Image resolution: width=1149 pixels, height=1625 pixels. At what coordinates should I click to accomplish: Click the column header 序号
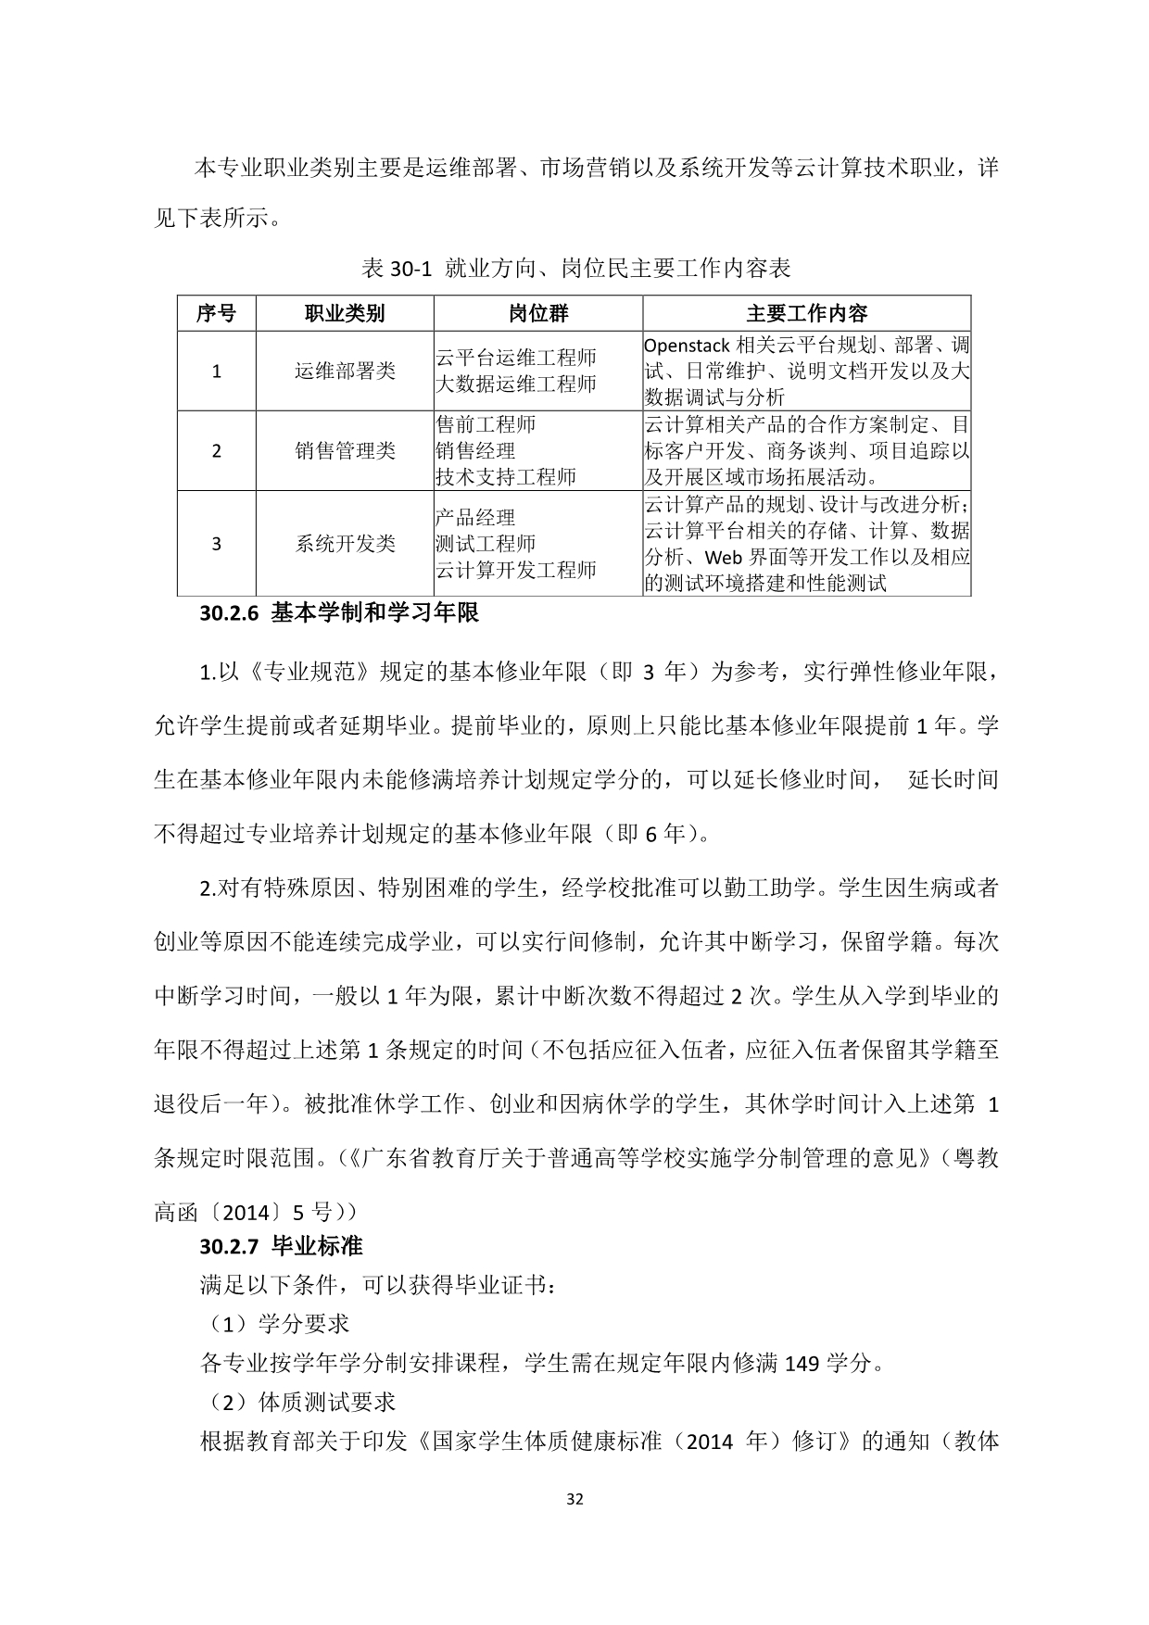[x=216, y=313]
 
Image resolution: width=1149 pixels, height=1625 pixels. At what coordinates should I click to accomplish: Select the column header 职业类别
[x=345, y=313]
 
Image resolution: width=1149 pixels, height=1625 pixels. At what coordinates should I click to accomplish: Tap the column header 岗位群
[x=538, y=313]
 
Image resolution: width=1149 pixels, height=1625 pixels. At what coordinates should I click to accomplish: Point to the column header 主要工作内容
[x=806, y=313]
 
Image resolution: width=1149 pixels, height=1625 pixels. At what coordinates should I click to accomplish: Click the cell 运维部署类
[x=345, y=372]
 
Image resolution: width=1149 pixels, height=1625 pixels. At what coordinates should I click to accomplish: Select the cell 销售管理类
[x=345, y=451]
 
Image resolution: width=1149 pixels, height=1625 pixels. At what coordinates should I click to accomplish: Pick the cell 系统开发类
[x=345, y=544]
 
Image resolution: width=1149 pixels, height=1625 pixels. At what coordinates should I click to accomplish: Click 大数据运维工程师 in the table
[x=516, y=384]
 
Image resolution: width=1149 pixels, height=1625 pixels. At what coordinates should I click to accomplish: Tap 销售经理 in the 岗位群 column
[x=475, y=451]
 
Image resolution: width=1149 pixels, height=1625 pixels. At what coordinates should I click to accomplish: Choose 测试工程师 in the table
[x=486, y=544]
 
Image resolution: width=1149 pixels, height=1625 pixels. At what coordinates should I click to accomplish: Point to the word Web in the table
[x=725, y=558]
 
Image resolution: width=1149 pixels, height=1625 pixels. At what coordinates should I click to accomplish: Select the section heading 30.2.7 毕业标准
[x=281, y=1246]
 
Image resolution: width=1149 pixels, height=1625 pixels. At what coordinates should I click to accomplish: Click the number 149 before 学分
[x=802, y=1364]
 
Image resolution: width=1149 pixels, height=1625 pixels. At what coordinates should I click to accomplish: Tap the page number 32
[x=574, y=1500]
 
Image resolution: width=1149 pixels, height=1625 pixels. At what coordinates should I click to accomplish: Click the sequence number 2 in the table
[x=217, y=451]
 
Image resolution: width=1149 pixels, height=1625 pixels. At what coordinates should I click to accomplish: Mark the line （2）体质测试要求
[x=297, y=1403]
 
